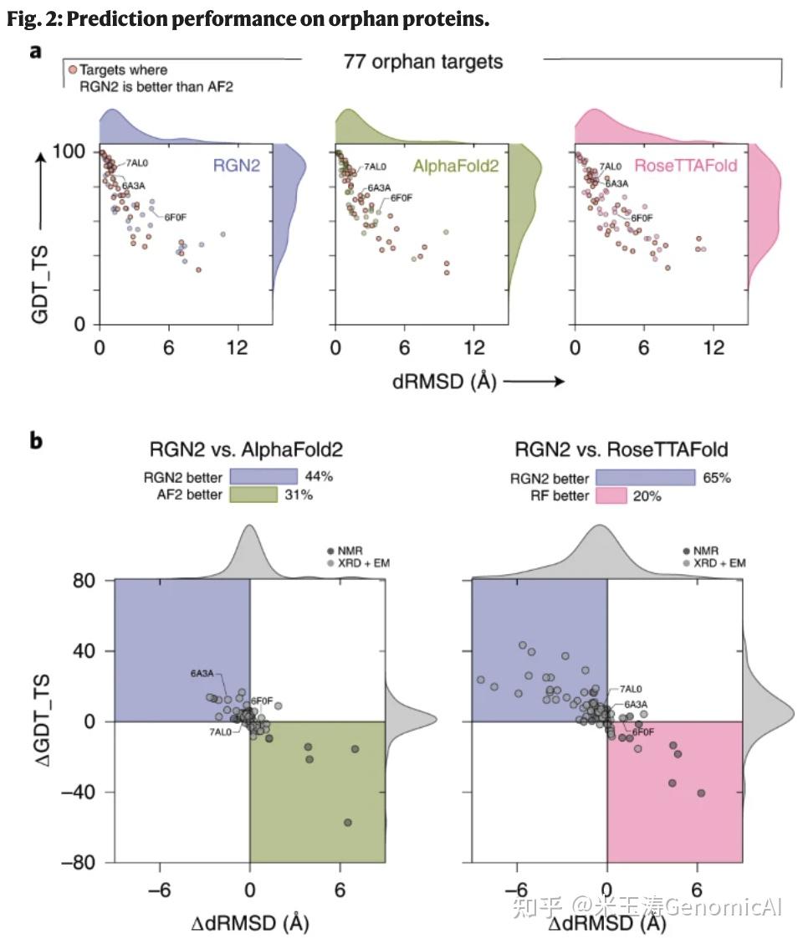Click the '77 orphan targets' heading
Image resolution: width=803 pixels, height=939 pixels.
[x=422, y=60]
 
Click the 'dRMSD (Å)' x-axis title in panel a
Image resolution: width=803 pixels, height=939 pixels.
[x=444, y=382]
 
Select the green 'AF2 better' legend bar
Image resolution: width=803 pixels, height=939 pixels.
[x=264, y=495]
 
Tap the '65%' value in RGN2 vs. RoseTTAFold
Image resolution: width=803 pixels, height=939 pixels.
[x=717, y=477]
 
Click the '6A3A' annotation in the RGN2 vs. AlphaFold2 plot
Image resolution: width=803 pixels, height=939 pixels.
[x=202, y=672]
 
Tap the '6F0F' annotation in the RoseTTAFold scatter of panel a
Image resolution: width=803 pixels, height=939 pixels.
[x=642, y=218]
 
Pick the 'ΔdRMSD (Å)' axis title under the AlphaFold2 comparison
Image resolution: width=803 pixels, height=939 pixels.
[x=250, y=922]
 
